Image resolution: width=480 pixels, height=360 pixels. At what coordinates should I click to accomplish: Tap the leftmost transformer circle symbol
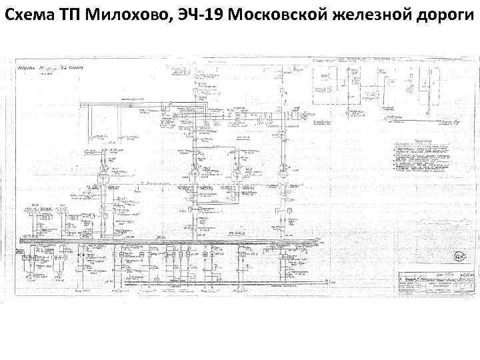[x=104, y=178]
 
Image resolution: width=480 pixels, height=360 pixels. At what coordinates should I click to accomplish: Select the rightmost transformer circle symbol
[x=283, y=175]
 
